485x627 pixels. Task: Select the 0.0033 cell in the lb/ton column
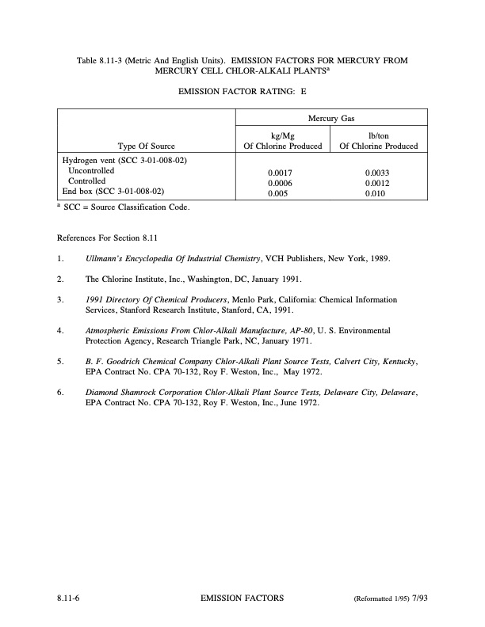pyautogui.click(x=378, y=171)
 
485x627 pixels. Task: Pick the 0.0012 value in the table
pyautogui.click(x=378, y=181)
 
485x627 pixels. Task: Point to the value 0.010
pyautogui.click(x=376, y=192)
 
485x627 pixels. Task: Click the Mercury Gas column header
pyautogui.click(x=331, y=118)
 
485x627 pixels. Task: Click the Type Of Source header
pyautogui.click(x=146, y=146)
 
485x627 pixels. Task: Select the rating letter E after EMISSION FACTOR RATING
pyautogui.click(x=304, y=92)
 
